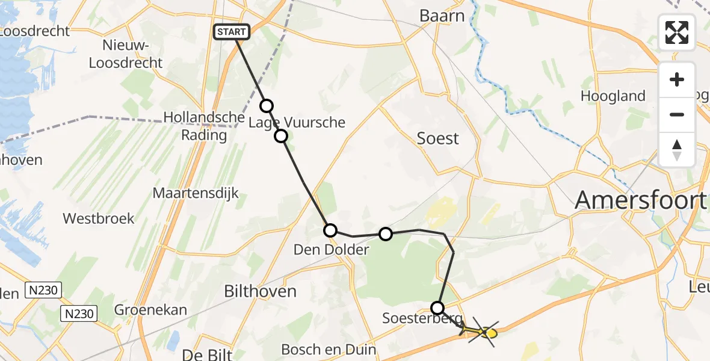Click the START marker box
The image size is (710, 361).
coord(232,31)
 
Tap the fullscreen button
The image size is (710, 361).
coord(677,32)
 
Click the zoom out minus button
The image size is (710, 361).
coord(677,114)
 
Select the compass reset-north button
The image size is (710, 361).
coord(677,150)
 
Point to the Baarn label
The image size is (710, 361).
coord(442,16)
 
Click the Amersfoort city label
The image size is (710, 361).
coord(640,199)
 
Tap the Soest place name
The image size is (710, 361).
coord(438,138)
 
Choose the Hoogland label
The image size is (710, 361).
coord(613,96)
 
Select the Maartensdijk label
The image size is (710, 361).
coord(196,193)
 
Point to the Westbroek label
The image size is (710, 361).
coord(98,218)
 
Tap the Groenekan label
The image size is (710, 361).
coord(150,310)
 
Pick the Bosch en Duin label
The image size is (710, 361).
coord(329,349)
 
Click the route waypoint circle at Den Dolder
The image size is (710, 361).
coord(330,230)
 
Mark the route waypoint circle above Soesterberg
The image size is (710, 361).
coord(437,308)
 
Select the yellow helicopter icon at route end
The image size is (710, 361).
coord(486,332)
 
